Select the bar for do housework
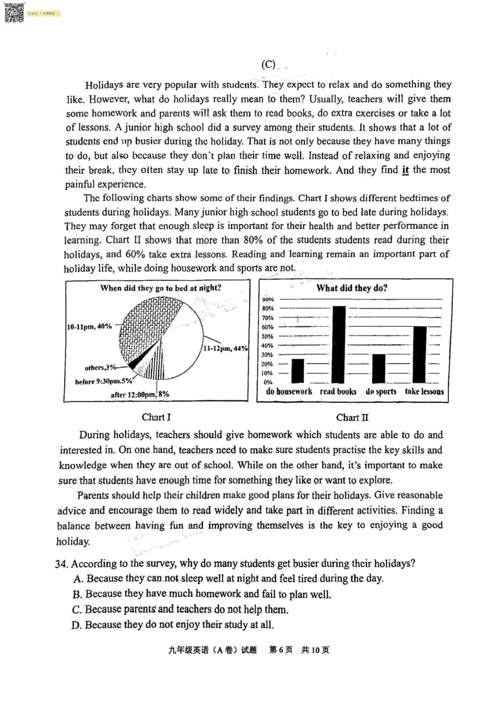tap(298, 371)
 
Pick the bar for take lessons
tap(420, 354)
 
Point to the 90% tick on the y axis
tap(267, 299)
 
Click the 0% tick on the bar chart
tap(267, 382)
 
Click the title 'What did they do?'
tap(351, 288)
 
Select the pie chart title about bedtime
tap(165, 288)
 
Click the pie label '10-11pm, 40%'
tap(89, 326)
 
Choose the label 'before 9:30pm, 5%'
tap(104, 381)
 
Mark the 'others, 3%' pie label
tap(101, 368)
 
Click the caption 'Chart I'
tap(157, 417)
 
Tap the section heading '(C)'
tap(268, 64)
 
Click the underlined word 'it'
tap(406, 170)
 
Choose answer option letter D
tap(78, 625)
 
